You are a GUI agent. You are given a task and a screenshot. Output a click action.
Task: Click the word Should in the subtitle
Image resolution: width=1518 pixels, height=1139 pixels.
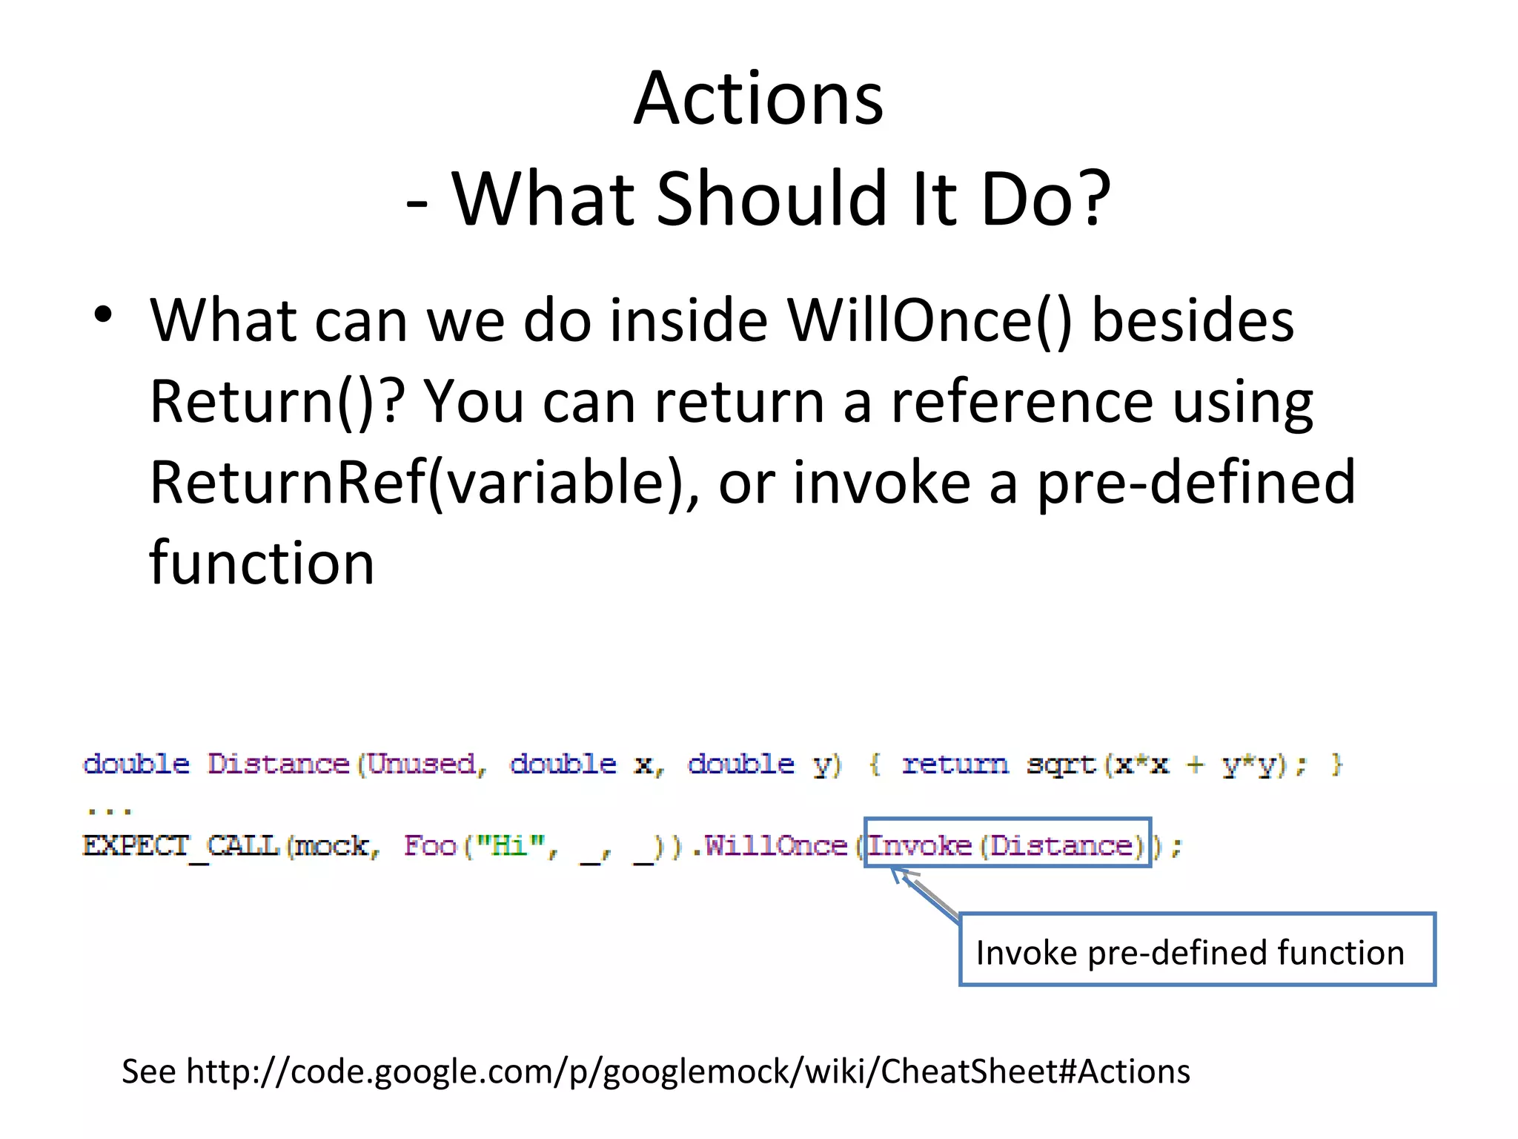pyautogui.click(x=771, y=199)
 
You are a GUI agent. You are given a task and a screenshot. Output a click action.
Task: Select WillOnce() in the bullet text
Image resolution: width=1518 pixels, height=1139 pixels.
pyautogui.click(x=929, y=321)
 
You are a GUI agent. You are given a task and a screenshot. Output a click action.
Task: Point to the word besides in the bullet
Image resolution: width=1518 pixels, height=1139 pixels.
pyautogui.click(x=1193, y=321)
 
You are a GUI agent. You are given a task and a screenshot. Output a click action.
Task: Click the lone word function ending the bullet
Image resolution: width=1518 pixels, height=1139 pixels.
pyautogui.click(x=262, y=563)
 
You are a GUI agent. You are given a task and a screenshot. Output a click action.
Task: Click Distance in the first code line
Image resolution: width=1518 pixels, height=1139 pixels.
pyautogui.click(x=277, y=764)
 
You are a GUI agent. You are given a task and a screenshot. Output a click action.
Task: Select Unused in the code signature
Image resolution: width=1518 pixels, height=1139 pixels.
pyautogui.click(x=421, y=764)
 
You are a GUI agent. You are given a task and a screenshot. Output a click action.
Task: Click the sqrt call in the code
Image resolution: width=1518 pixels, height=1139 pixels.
pyautogui.click(x=1060, y=765)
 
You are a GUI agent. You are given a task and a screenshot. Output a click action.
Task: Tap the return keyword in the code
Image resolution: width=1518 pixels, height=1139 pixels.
pyautogui.click(x=955, y=765)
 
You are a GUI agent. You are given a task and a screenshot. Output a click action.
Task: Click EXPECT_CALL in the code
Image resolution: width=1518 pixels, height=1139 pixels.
pyautogui.click(x=180, y=845)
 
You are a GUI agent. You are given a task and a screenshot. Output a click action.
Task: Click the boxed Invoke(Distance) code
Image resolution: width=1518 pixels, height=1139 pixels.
pyautogui.click(x=1007, y=843)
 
